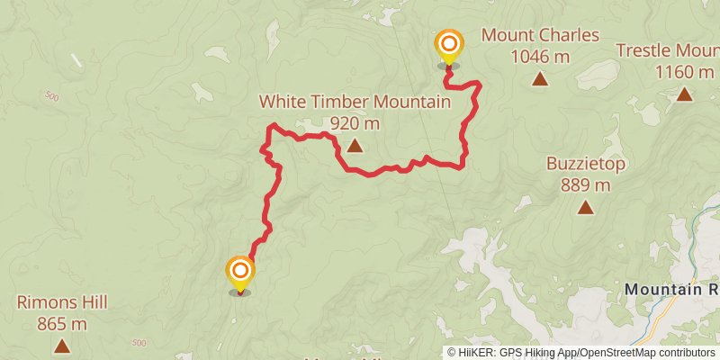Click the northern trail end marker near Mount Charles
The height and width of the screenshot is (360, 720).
click(x=448, y=45)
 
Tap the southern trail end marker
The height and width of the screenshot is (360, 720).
click(x=240, y=272)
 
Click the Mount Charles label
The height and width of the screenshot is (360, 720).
click(x=540, y=36)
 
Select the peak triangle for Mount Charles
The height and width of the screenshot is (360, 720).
click(x=540, y=79)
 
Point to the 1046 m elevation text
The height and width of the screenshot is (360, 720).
click(x=540, y=57)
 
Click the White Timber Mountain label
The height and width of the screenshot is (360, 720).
click(x=355, y=102)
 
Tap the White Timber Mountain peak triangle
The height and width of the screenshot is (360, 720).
click(x=355, y=145)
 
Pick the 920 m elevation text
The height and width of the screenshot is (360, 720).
click(x=355, y=123)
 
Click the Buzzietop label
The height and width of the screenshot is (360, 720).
click(x=586, y=164)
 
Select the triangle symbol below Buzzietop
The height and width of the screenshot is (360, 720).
click(x=586, y=208)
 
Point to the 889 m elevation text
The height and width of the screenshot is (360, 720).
click(x=586, y=185)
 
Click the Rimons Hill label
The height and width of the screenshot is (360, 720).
click(x=61, y=302)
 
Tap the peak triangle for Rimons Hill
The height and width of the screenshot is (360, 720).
click(x=61, y=346)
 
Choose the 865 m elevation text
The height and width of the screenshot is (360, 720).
click(x=61, y=324)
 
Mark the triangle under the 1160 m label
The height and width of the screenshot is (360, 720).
click(x=684, y=94)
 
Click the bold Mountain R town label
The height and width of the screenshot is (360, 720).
click(x=670, y=289)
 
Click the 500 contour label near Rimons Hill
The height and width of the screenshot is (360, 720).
click(x=139, y=343)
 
